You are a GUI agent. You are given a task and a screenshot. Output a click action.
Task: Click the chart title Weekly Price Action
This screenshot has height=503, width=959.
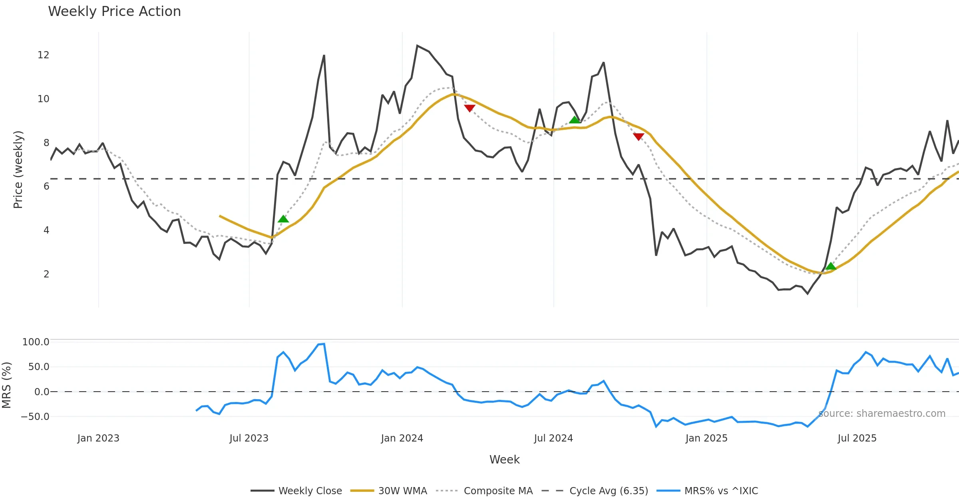click(114, 12)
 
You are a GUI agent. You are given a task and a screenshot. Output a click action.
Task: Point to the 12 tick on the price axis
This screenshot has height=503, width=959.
click(43, 55)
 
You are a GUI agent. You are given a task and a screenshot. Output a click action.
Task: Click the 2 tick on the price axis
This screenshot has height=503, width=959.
click(46, 274)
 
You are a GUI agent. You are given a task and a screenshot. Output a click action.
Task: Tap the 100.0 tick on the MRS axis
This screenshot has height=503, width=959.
click(36, 342)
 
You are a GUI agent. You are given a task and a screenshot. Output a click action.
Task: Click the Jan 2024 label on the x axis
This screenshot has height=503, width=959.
click(402, 438)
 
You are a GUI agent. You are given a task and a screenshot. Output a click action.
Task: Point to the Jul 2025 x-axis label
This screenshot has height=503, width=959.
click(857, 438)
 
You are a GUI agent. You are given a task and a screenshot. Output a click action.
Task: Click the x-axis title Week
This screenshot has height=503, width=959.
click(504, 460)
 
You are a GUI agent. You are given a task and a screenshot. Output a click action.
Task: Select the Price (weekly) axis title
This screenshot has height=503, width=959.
click(18, 170)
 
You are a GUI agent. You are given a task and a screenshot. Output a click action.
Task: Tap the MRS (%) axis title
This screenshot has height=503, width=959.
click(6, 385)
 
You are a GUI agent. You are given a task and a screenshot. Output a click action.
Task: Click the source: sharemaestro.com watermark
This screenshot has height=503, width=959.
click(881, 414)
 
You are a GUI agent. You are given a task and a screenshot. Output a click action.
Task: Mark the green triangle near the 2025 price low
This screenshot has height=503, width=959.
click(831, 266)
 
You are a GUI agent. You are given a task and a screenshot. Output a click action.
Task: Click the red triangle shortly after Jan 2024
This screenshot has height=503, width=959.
click(470, 108)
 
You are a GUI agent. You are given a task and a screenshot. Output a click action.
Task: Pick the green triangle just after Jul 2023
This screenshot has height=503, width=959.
click(283, 219)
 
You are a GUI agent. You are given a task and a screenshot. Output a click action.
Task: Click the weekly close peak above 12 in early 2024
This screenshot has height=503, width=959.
click(417, 46)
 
